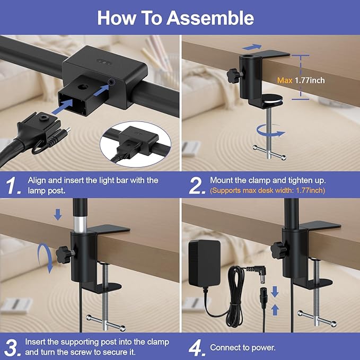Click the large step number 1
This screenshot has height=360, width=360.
(13, 186)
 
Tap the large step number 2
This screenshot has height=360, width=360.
(197, 186)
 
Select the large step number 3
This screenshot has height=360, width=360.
(13, 347)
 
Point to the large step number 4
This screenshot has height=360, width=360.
(197, 347)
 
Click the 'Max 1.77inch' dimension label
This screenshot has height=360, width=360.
(301, 81)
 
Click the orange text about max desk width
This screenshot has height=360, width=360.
(267, 190)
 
